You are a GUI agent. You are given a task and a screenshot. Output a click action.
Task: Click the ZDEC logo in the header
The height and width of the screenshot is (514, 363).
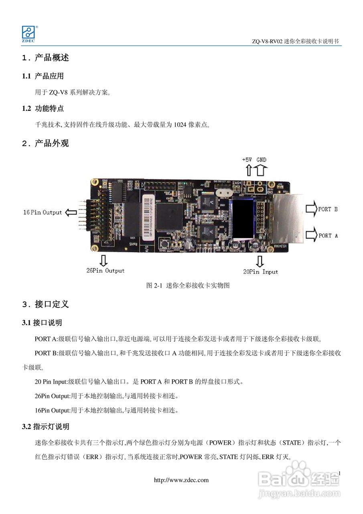click(29, 33)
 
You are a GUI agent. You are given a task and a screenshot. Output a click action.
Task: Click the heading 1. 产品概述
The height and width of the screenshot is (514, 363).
click(46, 58)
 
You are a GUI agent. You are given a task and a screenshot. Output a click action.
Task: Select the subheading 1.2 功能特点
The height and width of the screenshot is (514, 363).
click(43, 108)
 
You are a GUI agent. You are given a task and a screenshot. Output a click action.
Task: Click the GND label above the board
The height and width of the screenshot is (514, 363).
click(261, 159)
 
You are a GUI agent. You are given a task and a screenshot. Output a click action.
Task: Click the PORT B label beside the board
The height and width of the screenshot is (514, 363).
click(328, 209)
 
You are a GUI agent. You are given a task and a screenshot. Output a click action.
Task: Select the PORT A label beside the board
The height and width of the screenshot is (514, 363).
click(328, 236)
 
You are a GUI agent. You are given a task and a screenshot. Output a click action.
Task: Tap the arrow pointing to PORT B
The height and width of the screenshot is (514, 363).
click(311, 209)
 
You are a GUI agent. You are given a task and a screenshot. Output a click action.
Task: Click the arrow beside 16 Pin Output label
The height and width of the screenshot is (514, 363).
click(71, 212)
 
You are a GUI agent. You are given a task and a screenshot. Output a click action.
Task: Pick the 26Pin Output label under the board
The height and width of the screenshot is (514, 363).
click(105, 271)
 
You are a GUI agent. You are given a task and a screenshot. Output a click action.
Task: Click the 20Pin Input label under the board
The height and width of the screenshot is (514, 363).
click(260, 272)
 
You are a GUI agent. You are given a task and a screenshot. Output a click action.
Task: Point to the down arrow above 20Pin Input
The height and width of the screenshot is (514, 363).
click(260, 261)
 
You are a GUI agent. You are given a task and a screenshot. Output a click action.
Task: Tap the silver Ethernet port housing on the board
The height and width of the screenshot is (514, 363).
click(289, 219)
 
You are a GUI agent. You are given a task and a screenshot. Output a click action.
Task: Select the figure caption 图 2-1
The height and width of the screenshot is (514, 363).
click(188, 286)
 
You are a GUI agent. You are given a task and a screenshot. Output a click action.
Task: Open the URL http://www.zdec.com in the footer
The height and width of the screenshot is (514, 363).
click(181, 480)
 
